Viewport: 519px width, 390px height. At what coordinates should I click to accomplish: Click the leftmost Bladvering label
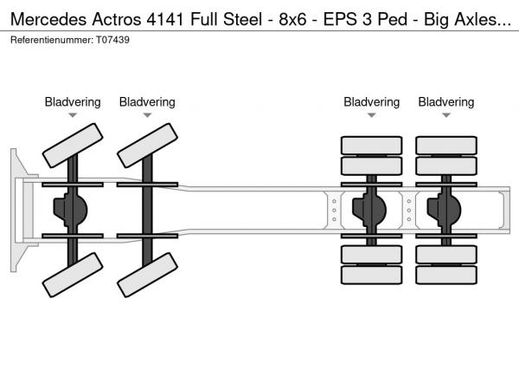click(73, 102)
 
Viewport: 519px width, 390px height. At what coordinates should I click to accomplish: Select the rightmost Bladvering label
click(446, 102)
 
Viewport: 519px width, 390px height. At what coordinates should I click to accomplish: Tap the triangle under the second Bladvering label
click(147, 115)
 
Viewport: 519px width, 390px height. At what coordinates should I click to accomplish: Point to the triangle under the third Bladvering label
click(372, 115)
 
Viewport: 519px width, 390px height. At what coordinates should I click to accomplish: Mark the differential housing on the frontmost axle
click(73, 209)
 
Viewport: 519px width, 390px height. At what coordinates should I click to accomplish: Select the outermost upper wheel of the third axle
click(372, 144)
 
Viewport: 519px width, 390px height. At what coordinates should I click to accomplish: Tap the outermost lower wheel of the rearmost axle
click(446, 275)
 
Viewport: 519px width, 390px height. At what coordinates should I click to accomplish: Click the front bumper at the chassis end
click(17, 209)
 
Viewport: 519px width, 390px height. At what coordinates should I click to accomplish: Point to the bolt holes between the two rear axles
click(409, 209)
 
